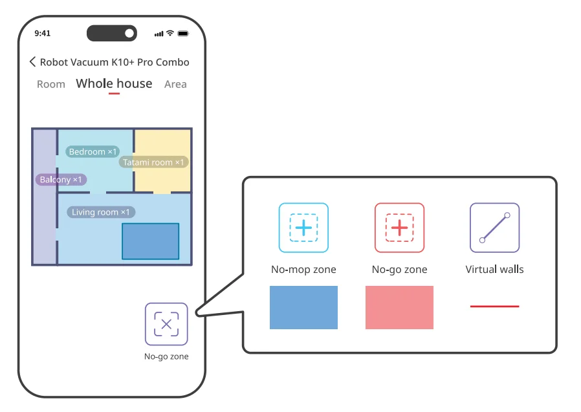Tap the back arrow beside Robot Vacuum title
32,62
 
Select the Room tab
51,84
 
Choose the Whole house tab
114,83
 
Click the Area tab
175,84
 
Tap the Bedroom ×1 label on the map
93,152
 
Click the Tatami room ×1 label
153,162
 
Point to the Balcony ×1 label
61,180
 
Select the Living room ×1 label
100,212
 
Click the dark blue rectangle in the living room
150,241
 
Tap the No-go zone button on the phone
166,324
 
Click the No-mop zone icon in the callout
303,228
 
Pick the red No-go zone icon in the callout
399,228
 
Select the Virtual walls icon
494,228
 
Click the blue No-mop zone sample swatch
303,307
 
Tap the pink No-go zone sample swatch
399,307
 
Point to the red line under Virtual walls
494,306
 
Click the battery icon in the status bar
183,33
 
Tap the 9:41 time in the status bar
42,33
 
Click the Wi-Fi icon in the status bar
170,33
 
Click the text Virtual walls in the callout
494,269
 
